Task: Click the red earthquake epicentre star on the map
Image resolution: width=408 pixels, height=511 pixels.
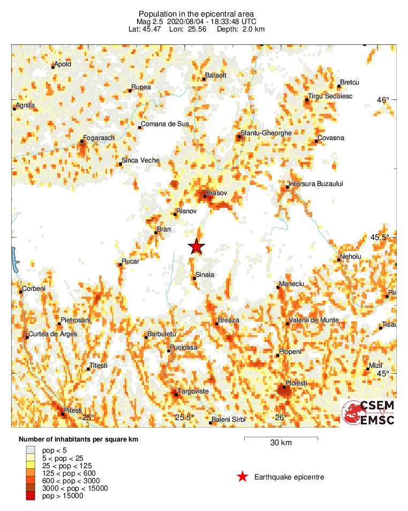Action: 197,246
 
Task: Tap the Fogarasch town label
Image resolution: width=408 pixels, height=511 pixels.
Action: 100,138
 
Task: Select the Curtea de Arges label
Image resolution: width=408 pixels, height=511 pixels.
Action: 53,334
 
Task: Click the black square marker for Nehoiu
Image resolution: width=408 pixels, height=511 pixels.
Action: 339,260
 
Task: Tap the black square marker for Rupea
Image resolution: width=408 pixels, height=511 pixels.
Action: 130,91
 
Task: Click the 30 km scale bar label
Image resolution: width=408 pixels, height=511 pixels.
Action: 281,443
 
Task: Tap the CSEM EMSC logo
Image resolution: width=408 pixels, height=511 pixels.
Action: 369,413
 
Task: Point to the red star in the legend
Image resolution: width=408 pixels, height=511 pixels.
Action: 243,477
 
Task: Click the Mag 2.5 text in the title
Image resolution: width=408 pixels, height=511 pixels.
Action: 150,21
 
